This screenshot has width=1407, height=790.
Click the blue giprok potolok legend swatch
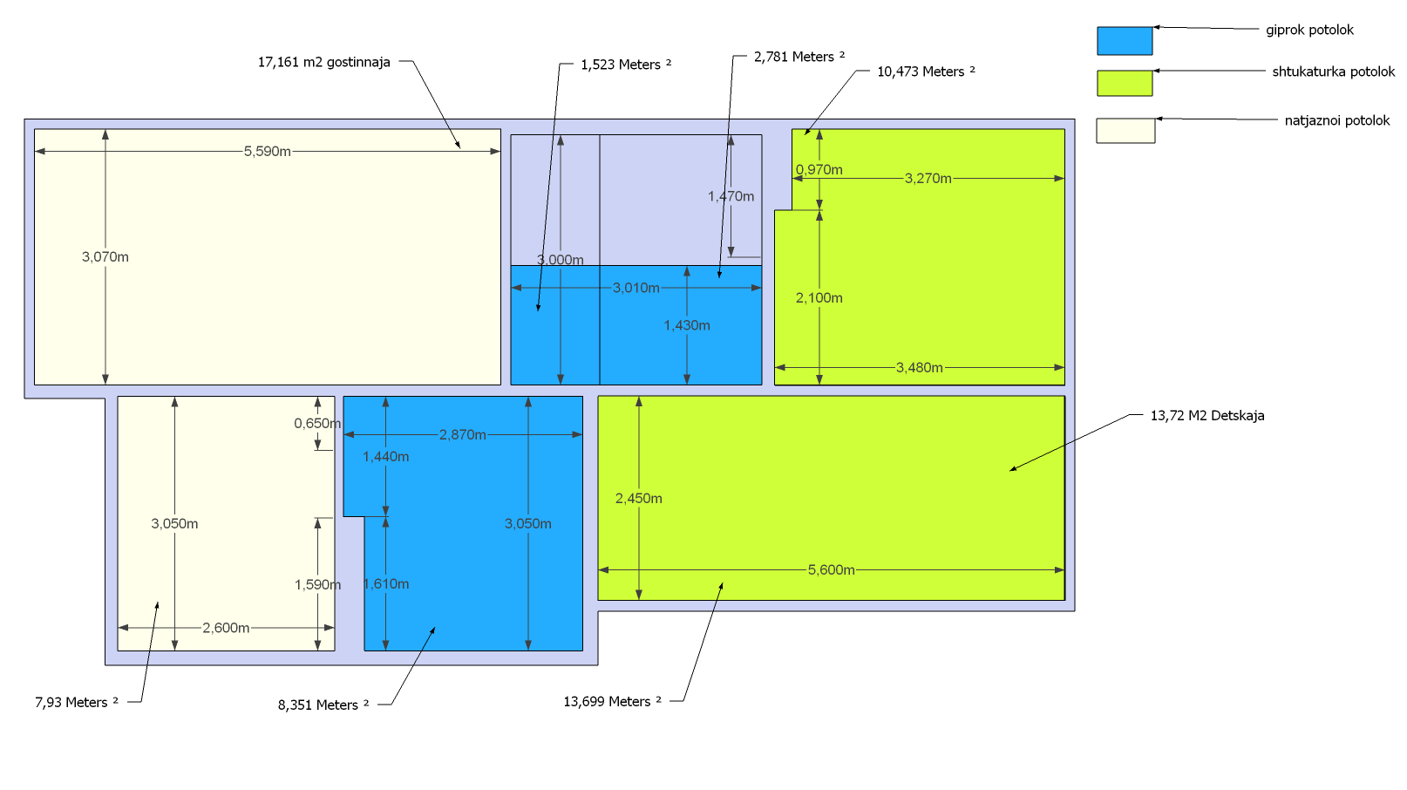[x=1125, y=41]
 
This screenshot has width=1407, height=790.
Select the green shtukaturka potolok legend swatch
[x=1125, y=83]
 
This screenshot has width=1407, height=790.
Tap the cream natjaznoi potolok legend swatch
[x=1125, y=131]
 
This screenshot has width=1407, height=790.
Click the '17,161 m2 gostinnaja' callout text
[x=323, y=62]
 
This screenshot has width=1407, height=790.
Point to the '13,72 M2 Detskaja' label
[x=1206, y=415]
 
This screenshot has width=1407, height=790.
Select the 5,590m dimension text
[x=267, y=151]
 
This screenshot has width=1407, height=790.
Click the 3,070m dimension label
[x=105, y=256]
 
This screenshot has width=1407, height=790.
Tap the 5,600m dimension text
[x=831, y=569]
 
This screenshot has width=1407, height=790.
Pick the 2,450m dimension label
[x=638, y=498]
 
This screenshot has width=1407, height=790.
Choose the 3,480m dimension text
[x=919, y=367]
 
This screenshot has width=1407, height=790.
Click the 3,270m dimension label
[x=928, y=178]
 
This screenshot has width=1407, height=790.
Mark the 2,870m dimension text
[x=462, y=434]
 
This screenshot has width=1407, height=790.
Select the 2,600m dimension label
[x=226, y=627]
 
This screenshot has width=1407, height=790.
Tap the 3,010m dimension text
[x=636, y=287]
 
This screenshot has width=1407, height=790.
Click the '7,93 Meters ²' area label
[x=77, y=702]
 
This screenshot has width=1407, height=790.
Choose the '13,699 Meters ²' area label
[x=612, y=701]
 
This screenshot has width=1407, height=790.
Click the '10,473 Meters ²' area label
[x=926, y=72]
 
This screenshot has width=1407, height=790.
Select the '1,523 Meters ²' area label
[x=626, y=65]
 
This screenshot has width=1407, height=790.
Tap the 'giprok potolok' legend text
[x=1309, y=30]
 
